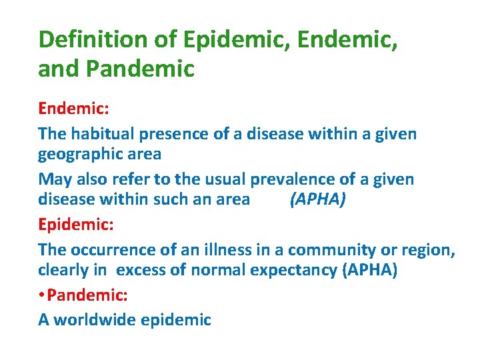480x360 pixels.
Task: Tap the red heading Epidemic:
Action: (x=76, y=223)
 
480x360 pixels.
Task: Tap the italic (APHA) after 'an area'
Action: (x=317, y=199)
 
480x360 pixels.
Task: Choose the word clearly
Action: (x=63, y=271)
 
